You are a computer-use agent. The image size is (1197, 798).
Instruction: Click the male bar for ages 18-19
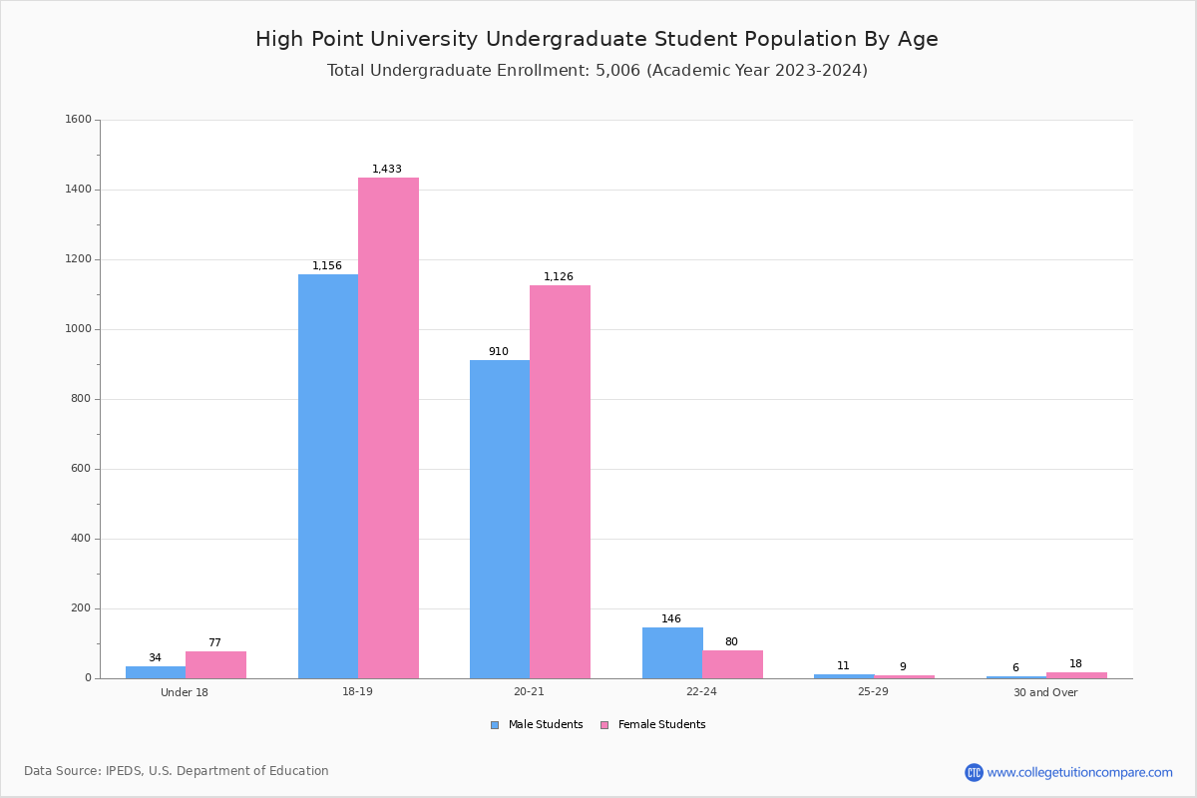(x=328, y=476)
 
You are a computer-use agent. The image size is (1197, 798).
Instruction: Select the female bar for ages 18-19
(x=388, y=428)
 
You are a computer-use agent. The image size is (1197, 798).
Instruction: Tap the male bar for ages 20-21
(x=500, y=519)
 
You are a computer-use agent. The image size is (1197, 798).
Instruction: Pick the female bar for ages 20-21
(x=560, y=482)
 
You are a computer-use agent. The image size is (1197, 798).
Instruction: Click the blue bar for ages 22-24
(x=672, y=652)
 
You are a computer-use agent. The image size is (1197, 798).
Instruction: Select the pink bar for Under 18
(x=215, y=664)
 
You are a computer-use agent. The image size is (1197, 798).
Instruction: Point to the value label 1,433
(x=387, y=170)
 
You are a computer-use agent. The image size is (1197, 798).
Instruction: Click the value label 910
(x=499, y=352)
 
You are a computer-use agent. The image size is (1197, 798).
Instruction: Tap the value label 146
(x=671, y=619)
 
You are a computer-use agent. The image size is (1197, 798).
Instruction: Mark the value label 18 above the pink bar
(x=1075, y=664)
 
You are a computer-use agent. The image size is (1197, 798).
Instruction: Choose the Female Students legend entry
(x=653, y=725)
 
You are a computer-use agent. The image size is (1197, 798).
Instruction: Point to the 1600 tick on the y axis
(x=78, y=120)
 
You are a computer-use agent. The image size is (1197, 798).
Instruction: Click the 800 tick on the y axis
(x=81, y=399)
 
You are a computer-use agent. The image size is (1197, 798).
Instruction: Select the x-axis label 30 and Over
(x=1045, y=692)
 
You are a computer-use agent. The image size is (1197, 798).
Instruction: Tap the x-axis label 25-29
(x=873, y=692)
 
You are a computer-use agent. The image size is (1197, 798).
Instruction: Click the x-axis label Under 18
(x=185, y=692)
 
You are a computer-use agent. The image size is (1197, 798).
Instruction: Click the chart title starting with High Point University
(x=597, y=39)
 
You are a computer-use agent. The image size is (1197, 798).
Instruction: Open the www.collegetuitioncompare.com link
(x=1079, y=772)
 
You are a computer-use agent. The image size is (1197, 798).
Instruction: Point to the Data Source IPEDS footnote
(x=177, y=771)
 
